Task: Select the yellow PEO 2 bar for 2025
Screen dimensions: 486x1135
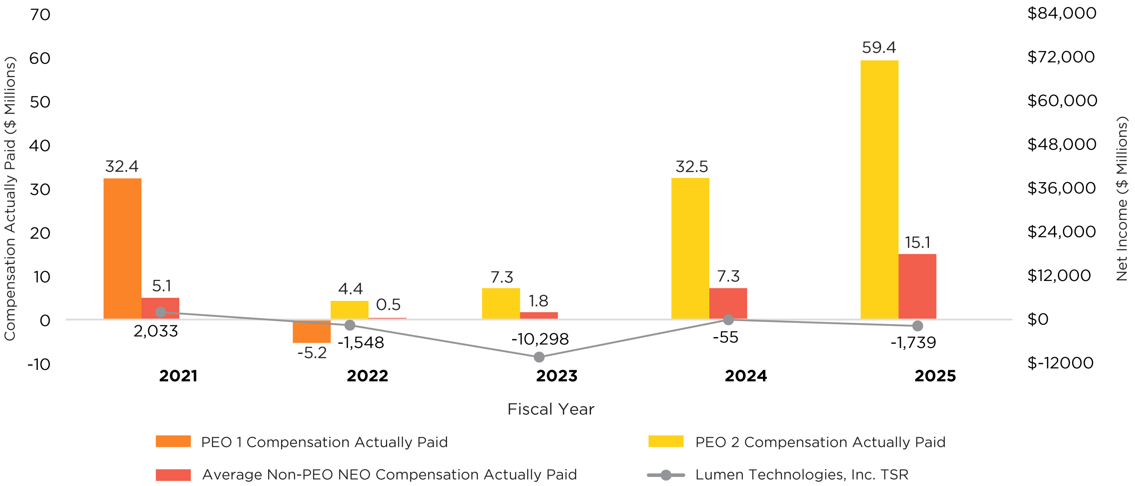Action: coord(879,189)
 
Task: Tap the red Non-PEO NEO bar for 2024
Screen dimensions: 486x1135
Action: coord(728,303)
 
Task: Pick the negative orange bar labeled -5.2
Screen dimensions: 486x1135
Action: coord(312,331)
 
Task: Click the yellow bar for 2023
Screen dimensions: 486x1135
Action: coord(500,303)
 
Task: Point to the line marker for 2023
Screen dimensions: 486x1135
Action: coord(539,357)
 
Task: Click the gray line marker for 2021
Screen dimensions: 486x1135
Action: coord(161,312)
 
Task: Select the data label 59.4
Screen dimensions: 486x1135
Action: coord(879,47)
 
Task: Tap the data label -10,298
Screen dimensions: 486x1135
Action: coord(540,339)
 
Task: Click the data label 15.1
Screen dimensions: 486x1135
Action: coord(917,243)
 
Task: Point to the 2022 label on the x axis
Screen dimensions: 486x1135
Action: coord(367,376)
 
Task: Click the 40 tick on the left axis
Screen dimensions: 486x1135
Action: coord(40,146)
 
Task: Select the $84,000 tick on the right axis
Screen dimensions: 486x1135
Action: coord(1061,13)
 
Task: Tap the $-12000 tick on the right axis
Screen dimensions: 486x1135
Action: coord(1060,363)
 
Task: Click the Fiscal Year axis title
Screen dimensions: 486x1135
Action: coord(550,409)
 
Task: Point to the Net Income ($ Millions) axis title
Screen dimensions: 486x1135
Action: coord(1122,199)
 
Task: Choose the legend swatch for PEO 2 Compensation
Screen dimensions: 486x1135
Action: coord(665,442)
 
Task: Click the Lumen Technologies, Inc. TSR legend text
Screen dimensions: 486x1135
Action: coord(801,474)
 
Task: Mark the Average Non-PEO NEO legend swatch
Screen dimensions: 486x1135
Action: coord(173,474)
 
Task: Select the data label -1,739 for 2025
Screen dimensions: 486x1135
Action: coord(913,343)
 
